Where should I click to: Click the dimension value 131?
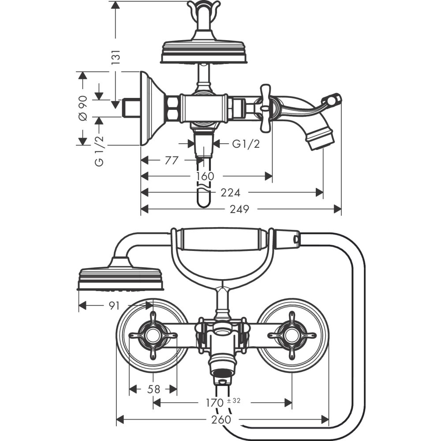tap(116, 58)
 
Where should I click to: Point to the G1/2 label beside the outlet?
tap(246, 144)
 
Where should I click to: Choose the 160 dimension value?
tap(206, 176)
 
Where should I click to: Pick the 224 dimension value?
tap(231, 193)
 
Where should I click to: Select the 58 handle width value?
tap(153, 389)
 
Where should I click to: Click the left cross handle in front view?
tap(153, 336)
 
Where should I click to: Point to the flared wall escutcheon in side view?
tap(151, 108)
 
